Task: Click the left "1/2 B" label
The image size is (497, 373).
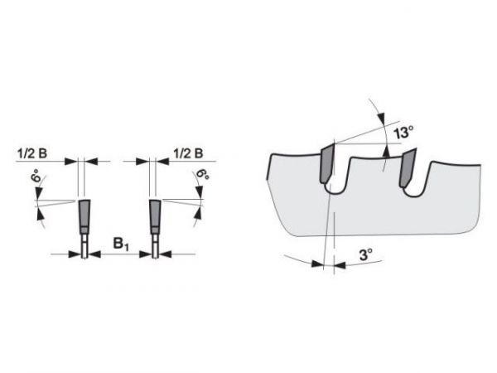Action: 32,153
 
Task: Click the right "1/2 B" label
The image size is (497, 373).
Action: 188,153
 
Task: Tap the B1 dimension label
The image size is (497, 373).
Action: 121,245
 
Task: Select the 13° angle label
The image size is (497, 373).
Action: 403,132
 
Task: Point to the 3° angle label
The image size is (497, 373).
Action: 366,254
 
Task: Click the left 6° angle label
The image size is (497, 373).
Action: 38,176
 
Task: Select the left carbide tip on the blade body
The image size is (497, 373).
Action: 327,162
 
